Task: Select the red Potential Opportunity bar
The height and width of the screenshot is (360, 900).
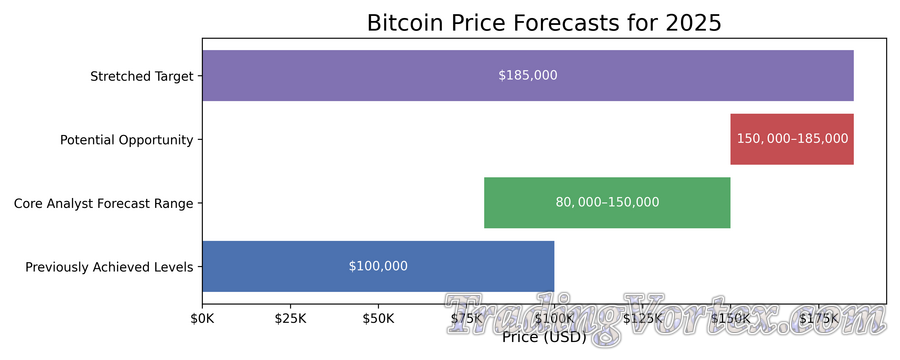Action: pyautogui.click(x=792, y=139)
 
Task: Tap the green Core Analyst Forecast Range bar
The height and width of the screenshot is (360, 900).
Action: pyautogui.click(x=607, y=202)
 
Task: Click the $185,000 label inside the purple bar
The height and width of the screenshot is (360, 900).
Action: pyautogui.click(x=528, y=75)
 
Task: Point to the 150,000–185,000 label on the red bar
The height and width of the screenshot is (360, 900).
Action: pyautogui.click(x=792, y=139)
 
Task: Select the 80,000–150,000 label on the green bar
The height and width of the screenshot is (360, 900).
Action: pyautogui.click(x=607, y=202)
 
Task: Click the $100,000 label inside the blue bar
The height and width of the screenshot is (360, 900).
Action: pyautogui.click(x=378, y=266)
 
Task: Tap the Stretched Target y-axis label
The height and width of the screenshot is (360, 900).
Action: pyautogui.click(x=141, y=76)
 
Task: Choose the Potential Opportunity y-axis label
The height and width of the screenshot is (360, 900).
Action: pyautogui.click(x=126, y=140)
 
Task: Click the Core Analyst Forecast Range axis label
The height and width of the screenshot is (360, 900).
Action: pyautogui.click(x=103, y=203)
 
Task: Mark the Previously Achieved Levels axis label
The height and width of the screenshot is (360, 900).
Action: pyautogui.click(x=109, y=267)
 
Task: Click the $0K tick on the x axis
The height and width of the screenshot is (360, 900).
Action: pyautogui.click(x=202, y=319)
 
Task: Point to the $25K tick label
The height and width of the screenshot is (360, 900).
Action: pyautogui.click(x=290, y=319)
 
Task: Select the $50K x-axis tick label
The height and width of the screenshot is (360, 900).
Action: pyautogui.click(x=378, y=319)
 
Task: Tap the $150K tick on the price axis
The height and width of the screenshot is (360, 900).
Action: pyautogui.click(x=730, y=319)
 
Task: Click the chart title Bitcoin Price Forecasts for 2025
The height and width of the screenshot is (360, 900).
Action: pyautogui.click(x=544, y=23)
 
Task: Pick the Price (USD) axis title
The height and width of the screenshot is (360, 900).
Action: pyautogui.click(x=544, y=337)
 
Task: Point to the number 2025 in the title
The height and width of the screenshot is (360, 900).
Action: pyautogui.click(x=690, y=23)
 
